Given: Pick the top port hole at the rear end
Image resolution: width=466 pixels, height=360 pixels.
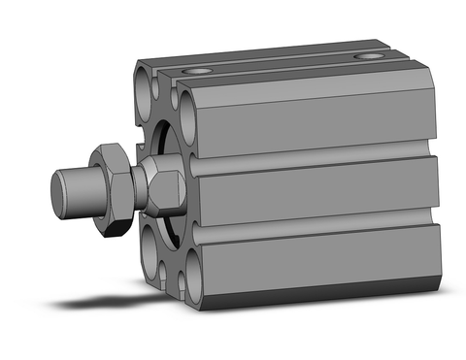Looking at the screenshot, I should (x=368, y=57).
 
